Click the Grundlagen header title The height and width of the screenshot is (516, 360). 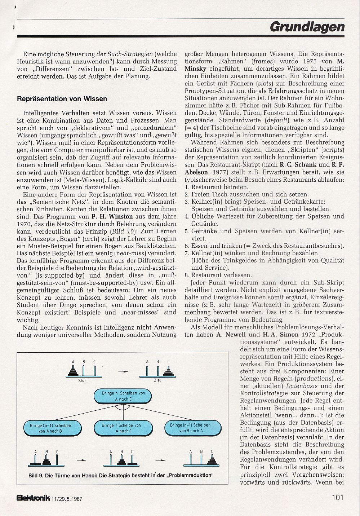click(307, 27)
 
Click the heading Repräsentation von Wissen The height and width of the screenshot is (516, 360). click(62, 99)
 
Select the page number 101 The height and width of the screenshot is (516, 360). click(337, 498)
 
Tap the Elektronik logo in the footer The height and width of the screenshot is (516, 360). click(33, 498)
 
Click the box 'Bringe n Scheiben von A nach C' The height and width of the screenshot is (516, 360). click(123, 396)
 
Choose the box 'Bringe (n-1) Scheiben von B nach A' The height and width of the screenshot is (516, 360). click(191, 428)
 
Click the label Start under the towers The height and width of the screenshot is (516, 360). click(83, 380)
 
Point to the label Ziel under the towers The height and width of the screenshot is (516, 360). click(157, 380)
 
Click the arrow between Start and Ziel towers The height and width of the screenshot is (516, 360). click(123, 371)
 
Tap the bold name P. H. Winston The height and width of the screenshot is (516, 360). click(112, 217)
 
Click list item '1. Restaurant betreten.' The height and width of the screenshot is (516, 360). click(217, 187)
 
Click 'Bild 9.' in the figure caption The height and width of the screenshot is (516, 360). click(36, 475)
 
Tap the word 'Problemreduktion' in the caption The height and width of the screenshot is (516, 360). click(192, 475)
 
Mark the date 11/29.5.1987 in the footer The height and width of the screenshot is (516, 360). click(67, 499)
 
